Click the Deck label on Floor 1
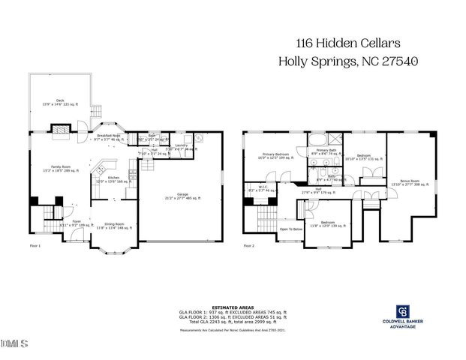click(59, 100)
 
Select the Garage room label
click(182, 196)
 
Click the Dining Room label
click(114, 226)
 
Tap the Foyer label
click(65, 223)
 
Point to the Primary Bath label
click(326, 151)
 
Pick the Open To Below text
click(290, 229)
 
